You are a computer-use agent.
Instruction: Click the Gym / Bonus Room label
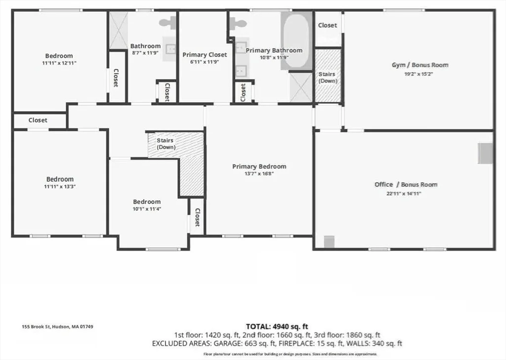click(x=420, y=65)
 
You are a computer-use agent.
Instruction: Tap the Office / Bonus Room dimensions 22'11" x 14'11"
click(x=404, y=194)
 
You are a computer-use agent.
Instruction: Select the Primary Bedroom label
click(x=259, y=166)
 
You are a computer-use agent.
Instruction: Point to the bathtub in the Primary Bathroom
click(x=296, y=41)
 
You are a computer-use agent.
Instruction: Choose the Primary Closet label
click(x=205, y=55)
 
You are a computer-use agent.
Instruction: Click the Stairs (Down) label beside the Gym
click(x=327, y=78)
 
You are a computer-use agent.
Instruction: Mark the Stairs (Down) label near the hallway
click(x=166, y=144)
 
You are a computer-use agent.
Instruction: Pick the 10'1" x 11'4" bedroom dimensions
click(x=147, y=209)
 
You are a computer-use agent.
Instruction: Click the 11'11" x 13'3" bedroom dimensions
click(x=60, y=187)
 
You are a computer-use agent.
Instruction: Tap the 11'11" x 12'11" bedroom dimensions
click(x=59, y=63)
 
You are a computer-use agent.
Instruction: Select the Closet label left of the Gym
click(x=327, y=25)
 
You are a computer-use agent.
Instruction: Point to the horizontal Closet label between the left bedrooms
click(x=38, y=120)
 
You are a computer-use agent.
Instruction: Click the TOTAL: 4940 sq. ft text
click(x=277, y=326)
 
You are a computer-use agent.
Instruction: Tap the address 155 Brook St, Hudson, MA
click(x=57, y=326)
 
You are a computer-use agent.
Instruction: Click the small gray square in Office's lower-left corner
click(x=329, y=242)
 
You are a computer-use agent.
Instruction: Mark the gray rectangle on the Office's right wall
click(x=485, y=153)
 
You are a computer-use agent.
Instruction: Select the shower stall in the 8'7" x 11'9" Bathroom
click(x=119, y=30)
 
